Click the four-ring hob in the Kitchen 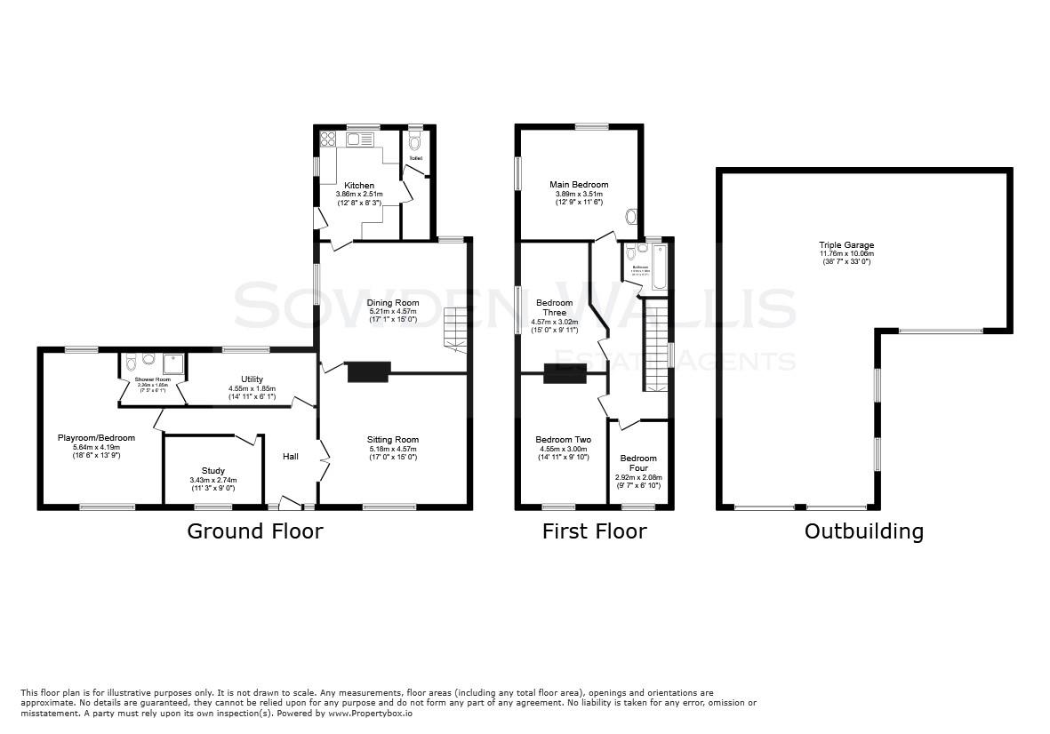pyautogui.click(x=326, y=139)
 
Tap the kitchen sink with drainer pyautogui.click(x=360, y=139)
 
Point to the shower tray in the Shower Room pyautogui.click(x=173, y=362)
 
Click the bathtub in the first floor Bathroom pyautogui.click(x=659, y=267)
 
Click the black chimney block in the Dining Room pyautogui.click(x=369, y=371)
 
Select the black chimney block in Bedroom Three pyautogui.click(x=565, y=374)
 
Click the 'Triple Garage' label pyautogui.click(x=846, y=244)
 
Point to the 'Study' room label pyautogui.click(x=212, y=471)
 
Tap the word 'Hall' pyautogui.click(x=291, y=457)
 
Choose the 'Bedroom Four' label pyautogui.click(x=638, y=463)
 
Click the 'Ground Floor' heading pyautogui.click(x=254, y=531)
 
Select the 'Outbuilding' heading pyautogui.click(x=863, y=531)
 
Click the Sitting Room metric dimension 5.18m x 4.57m pyautogui.click(x=392, y=449)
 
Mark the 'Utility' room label pyautogui.click(x=252, y=379)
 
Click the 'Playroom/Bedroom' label pyautogui.click(x=96, y=438)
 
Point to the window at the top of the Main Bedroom pyautogui.click(x=590, y=126)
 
